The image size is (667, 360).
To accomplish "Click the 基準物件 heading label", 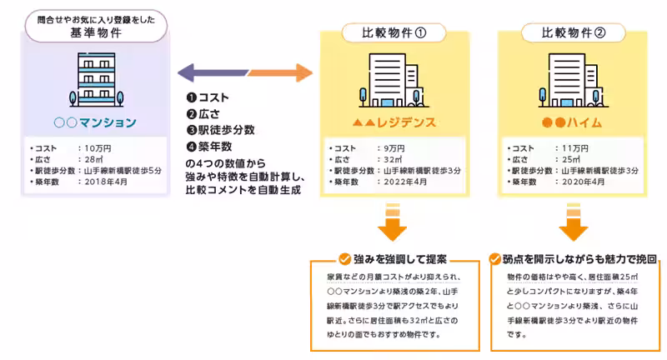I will click(96, 33).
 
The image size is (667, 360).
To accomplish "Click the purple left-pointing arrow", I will click(204, 73).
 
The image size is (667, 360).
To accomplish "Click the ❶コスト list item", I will click(208, 97).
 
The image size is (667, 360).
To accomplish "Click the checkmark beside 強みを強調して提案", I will click(344, 258).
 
